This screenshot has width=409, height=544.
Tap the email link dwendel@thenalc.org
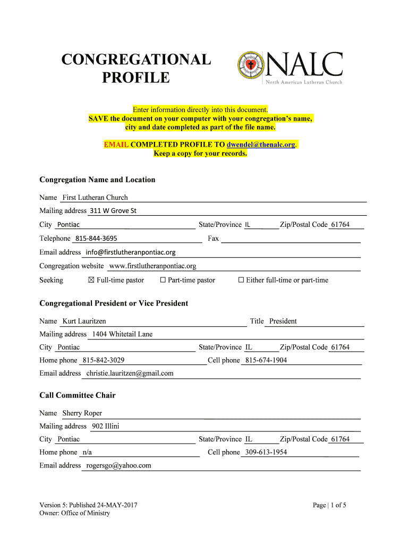tap(261, 145)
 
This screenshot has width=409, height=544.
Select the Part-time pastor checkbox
tap(163, 280)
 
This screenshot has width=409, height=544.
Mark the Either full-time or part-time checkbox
tap(241, 280)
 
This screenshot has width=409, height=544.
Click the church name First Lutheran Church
tap(95, 198)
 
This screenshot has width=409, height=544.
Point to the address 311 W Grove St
tap(113, 211)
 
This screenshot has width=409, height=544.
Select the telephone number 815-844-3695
tap(96, 239)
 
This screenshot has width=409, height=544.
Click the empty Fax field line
tap(290, 239)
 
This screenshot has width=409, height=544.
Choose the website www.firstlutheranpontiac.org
tap(152, 266)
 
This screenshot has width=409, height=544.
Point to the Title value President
tap(283, 321)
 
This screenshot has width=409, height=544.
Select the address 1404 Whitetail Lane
tap(122, 334)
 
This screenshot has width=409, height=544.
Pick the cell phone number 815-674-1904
tap(266, 360)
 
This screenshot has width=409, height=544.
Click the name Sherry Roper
tap(82, 413)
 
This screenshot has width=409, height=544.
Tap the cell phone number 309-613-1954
tap(266, 453)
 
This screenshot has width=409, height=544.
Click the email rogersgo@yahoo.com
tap(118, 465)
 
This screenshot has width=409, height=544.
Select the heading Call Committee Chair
tap(78, 395)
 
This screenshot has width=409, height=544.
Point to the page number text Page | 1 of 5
tap(329, 505)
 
